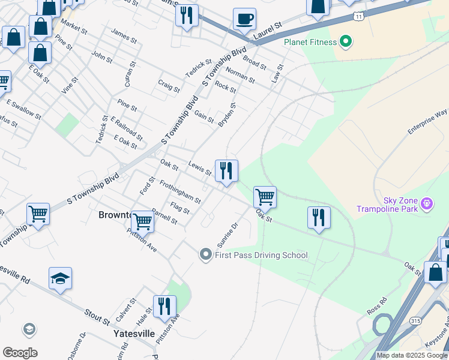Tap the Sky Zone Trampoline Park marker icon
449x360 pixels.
[427, 204]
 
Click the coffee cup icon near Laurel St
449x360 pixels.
[244, 19]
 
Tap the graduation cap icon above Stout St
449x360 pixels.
[60, 278]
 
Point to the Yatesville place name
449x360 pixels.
[134, 333]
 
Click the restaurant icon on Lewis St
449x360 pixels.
[226, 170]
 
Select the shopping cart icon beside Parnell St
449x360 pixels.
[143, 221]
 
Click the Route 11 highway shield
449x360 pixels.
[358, 16]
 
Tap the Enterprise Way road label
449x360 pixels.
[427, 122]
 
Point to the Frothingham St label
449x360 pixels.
[180, 191]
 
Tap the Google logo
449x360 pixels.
[20, 353]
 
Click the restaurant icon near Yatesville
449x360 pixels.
[163, 306]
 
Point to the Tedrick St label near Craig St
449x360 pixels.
[199, 68]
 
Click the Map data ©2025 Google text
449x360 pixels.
[412, 355]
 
